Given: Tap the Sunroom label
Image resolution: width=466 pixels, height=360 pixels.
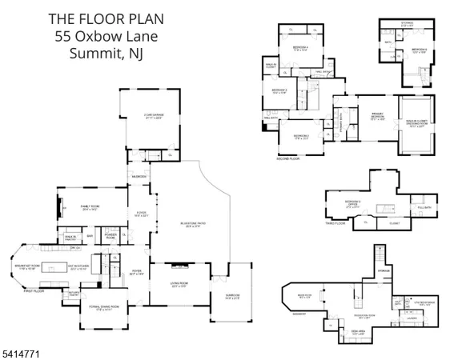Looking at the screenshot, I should [x=231, y=297].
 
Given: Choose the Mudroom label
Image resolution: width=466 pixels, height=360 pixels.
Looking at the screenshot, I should [x=138, y=176].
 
